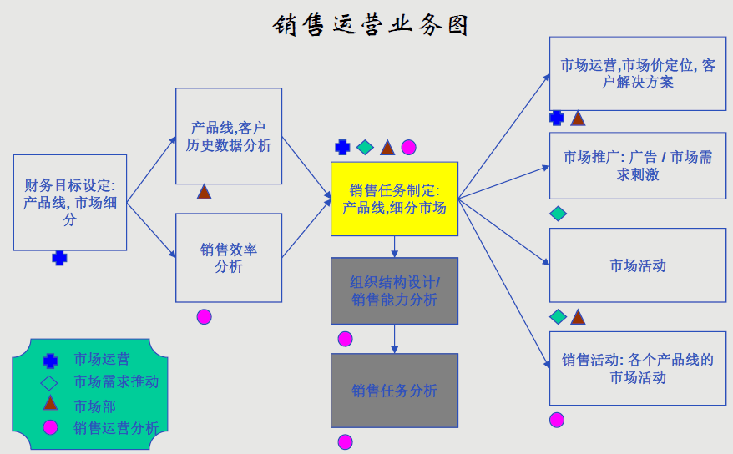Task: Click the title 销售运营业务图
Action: point(371,24)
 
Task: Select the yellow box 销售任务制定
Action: point(394,199)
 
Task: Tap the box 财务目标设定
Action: point(70,202)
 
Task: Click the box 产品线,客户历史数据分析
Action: point(228,136)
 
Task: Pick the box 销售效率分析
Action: point(228,257)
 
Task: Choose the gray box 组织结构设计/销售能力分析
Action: point(394,290)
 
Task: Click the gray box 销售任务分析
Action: point(394,390)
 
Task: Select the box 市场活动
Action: point(637,265)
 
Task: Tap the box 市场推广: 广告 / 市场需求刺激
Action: point(637,165)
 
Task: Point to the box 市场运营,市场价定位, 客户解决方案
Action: point(637,73)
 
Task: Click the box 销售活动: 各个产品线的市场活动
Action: point(637,368)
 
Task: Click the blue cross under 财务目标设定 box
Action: point(59,258)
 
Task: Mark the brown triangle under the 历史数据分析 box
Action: point(204,193)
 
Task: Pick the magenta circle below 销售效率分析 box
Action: point(204,316)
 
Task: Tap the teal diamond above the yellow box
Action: point(364,148)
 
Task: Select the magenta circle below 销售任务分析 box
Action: point(345,441)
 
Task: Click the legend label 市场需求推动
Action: point(115,381)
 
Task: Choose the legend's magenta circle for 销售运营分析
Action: point(51,427)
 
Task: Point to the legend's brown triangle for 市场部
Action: point(51,403)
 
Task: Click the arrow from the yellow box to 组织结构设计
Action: point(394,246)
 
